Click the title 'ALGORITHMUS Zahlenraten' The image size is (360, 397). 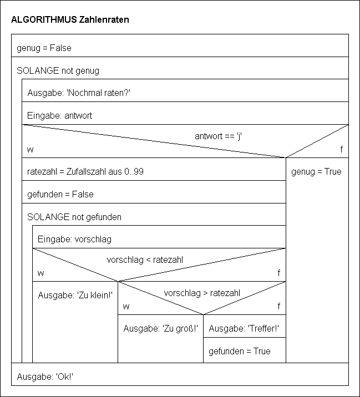coord(70,19)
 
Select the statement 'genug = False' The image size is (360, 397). coord(44,48)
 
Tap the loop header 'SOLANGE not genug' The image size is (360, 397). coord(58,71)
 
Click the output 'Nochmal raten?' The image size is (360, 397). coord(79,93)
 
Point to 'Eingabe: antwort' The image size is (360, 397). coord(60,116)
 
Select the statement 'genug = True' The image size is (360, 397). coord(316,171)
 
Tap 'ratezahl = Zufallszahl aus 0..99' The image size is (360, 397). coord(85,171)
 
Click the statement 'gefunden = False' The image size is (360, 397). coord(60,194)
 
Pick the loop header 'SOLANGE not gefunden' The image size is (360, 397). coord(74,217)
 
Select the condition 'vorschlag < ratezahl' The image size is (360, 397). coord(145,259)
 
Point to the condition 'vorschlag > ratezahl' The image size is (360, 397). coord(202,293)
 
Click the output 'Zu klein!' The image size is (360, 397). coord(75,296)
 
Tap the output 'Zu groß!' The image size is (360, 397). coord(160,328)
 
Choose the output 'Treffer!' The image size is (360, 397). coord(244,328)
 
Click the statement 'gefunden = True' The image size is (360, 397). coord(240,351)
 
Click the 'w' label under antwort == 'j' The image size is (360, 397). coord(29,150)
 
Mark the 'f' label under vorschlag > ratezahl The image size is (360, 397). coord(279,306)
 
